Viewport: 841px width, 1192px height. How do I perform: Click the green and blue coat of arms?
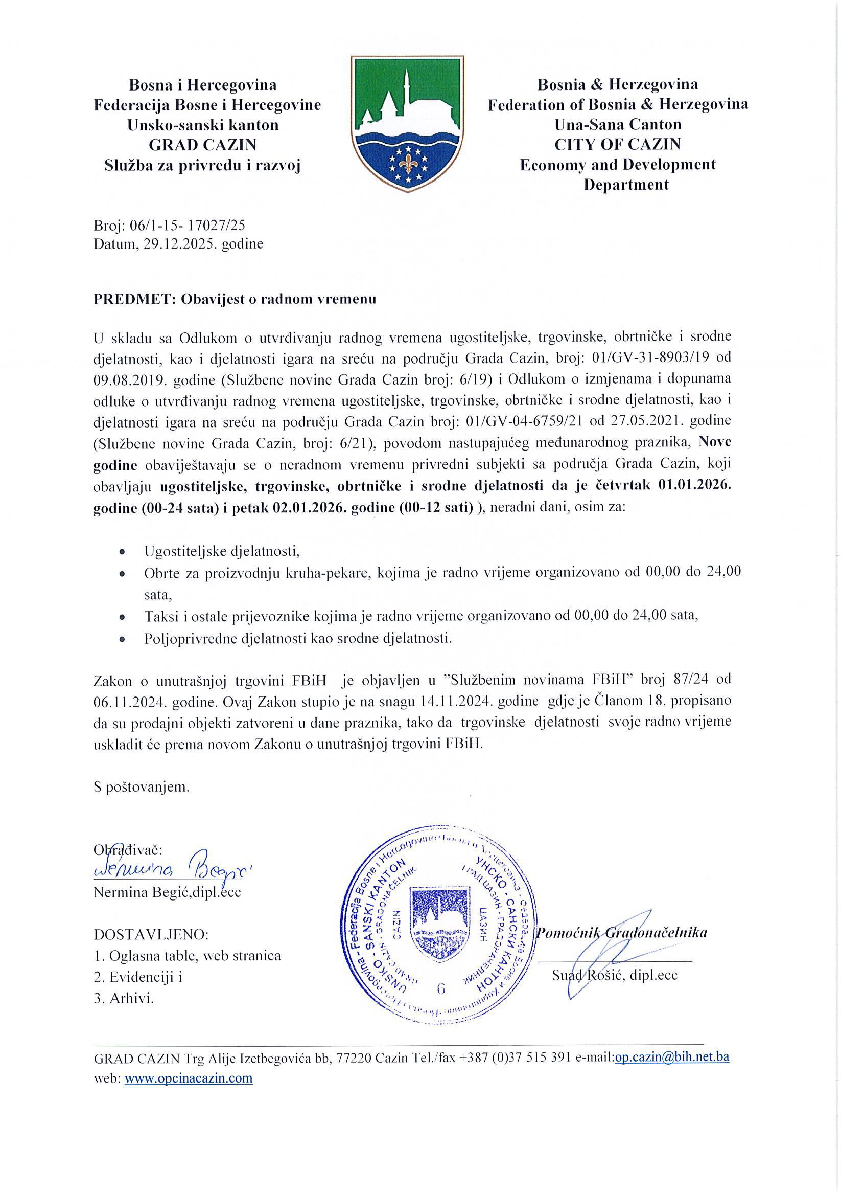click(407, 125)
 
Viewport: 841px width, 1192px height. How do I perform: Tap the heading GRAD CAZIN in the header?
click(202, 145)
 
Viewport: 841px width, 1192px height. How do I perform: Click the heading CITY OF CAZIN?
click(617, 144)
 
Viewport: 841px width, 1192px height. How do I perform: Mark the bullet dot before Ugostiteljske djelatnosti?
click(123, 551)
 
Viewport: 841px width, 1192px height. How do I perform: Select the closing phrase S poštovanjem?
click(142, 787)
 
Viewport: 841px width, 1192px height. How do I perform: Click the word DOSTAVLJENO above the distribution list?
click(151, 935)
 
